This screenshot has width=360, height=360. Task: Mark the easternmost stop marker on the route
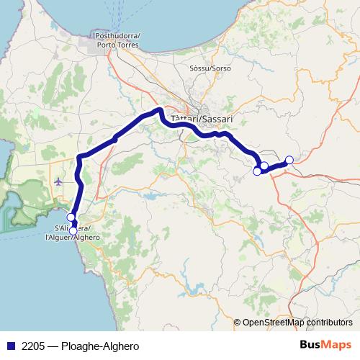(x=289, y=160)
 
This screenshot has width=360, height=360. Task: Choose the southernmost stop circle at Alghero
(x=73, y=230)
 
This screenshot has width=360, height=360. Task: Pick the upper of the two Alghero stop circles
(x=71, y=217)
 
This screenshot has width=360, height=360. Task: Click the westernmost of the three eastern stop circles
(x=257, y=171)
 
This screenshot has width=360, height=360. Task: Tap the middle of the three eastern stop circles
(x=264, y=166)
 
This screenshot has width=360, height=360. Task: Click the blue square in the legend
(x=10, y=346)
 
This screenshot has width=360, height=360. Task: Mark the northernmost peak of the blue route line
(x=158, y=109)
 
